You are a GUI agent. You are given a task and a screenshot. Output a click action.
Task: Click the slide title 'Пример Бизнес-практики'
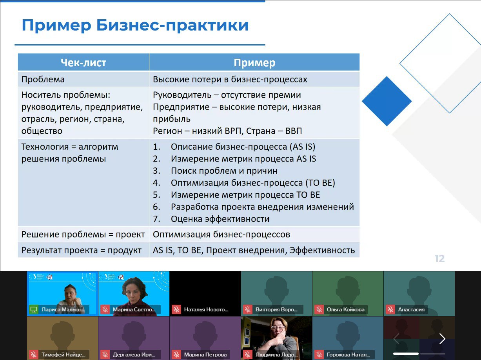pos(135,25)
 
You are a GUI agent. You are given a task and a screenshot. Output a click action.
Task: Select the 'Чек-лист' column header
pos(83,63)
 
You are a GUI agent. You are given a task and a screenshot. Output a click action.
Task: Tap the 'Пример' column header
pos(254,63)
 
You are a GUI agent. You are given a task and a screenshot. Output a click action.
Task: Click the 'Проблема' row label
pos(43,79)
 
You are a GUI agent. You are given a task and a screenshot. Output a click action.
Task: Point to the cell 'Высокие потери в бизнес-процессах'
pos(230,80)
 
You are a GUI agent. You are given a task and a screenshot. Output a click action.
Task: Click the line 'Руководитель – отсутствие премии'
pos(227,95)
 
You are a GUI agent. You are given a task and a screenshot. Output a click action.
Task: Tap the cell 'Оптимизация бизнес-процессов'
pos(221,235)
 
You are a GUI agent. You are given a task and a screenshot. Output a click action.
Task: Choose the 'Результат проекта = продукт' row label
pos(81,250)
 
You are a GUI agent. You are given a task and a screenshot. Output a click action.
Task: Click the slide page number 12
pos(439,258)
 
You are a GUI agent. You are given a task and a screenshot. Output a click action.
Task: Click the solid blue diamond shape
pos(387,101)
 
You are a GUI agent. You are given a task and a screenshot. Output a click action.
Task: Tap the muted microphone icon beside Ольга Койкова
pos(319,309)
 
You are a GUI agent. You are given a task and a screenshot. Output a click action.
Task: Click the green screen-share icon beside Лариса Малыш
pos(34,309)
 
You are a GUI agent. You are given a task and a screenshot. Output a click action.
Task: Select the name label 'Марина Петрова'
pos(205,354)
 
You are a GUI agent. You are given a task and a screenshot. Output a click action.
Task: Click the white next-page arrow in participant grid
pos(442,339)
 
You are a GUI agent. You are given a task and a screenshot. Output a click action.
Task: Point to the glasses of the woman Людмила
pos(278,328)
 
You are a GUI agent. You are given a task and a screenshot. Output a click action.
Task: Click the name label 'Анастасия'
pos(411,309)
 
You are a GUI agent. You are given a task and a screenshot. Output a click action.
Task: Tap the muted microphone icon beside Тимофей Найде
pos(34,354)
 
